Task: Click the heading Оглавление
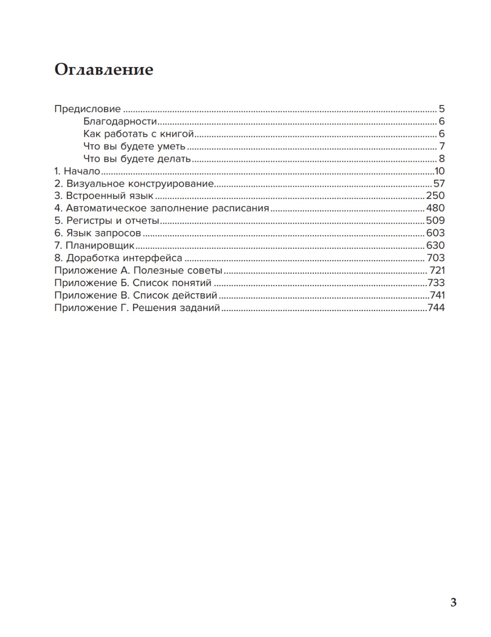point(104,70)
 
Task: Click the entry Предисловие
point(87,109)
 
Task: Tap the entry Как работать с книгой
point(138,134)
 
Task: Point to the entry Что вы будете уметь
point(134,146)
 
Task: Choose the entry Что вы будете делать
point(137,159)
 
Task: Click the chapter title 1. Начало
point(77,171)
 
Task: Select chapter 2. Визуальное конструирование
point(134,184)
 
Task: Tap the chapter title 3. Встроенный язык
point(104,196)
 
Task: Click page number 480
point(435,209)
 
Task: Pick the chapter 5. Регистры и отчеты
point(107,221)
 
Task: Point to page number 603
point(435,233)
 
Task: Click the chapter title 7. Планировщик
point(95,246)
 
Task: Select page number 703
point(436,258)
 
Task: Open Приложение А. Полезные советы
point(138,271)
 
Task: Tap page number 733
point(436,283)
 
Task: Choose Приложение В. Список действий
point(135,296)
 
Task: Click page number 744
point(436,308)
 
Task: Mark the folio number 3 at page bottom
point(453,603)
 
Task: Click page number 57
point(439,184)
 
